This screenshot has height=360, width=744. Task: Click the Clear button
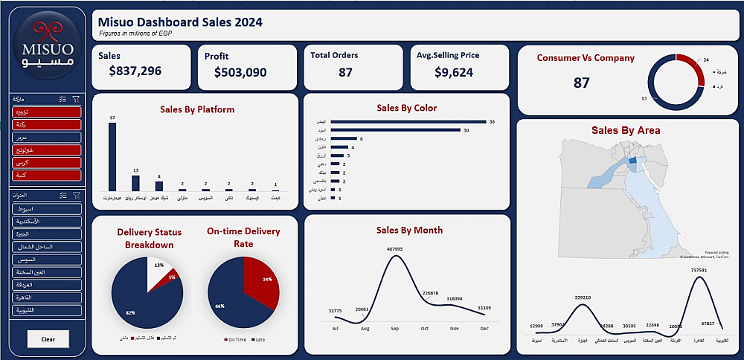coord(48,339)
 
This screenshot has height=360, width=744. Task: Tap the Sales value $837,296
coord(135,71)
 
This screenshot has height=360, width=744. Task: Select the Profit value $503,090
coord(240,72)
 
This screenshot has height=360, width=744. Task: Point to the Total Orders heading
coord(335,55)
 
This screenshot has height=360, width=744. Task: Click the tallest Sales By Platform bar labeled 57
coord(112,157)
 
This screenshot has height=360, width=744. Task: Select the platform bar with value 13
coord(135,183)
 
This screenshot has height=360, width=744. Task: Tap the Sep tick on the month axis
coord(394,328)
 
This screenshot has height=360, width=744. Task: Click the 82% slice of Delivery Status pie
coord(139,298)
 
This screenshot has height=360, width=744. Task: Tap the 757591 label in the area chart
coord(698,270)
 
